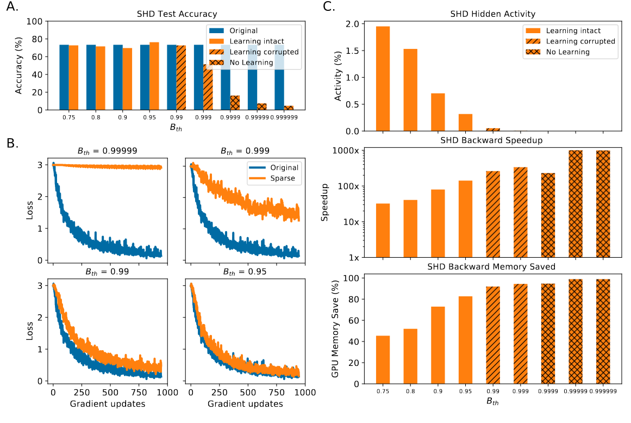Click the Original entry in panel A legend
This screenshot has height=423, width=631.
coord(243,30)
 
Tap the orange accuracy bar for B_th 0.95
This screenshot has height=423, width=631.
coord(154,76)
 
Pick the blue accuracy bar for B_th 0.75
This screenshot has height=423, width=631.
coord(64,77)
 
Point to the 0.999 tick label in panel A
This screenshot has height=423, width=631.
coord(204,117)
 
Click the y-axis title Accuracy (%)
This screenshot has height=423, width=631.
coord(18,66)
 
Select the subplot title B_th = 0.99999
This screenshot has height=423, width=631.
coord(107,153)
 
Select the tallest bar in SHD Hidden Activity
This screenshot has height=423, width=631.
coord(383,79)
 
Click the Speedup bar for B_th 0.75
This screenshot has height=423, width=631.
coord(383,230)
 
